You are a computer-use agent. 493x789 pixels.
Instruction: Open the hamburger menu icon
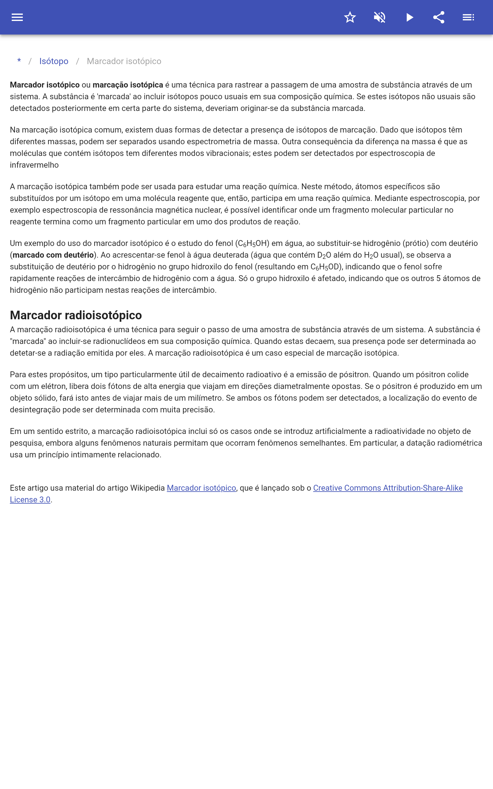point(17,17)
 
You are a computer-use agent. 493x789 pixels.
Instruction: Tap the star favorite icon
point(350,17)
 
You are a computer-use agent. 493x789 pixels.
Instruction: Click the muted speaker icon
point(380,17)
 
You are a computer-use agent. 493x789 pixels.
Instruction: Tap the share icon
point(439,17)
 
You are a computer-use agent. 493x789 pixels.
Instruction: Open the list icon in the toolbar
point(468,17)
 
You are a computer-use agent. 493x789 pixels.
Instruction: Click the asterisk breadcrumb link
point(19,61)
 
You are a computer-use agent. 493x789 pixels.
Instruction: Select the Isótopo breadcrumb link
point(54,61)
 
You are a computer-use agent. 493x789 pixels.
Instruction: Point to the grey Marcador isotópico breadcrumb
point(124,61)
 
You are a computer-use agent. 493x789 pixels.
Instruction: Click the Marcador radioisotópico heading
point(76,315)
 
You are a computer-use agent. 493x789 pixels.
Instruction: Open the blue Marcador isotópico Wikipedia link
point(201,488)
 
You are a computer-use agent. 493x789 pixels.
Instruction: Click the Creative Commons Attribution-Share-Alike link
point(388,488)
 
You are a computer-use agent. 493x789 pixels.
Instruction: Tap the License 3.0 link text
point(30,500)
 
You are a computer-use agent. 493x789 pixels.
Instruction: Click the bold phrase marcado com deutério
point(53,255)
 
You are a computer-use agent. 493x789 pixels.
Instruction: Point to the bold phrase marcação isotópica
point(128,85)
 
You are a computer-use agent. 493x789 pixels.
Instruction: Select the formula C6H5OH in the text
point(252,243)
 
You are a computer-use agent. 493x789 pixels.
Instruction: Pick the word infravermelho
point(34,165)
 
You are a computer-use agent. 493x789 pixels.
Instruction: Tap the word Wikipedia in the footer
point(147,488)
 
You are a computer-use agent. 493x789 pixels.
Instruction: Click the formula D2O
point(324,255)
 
